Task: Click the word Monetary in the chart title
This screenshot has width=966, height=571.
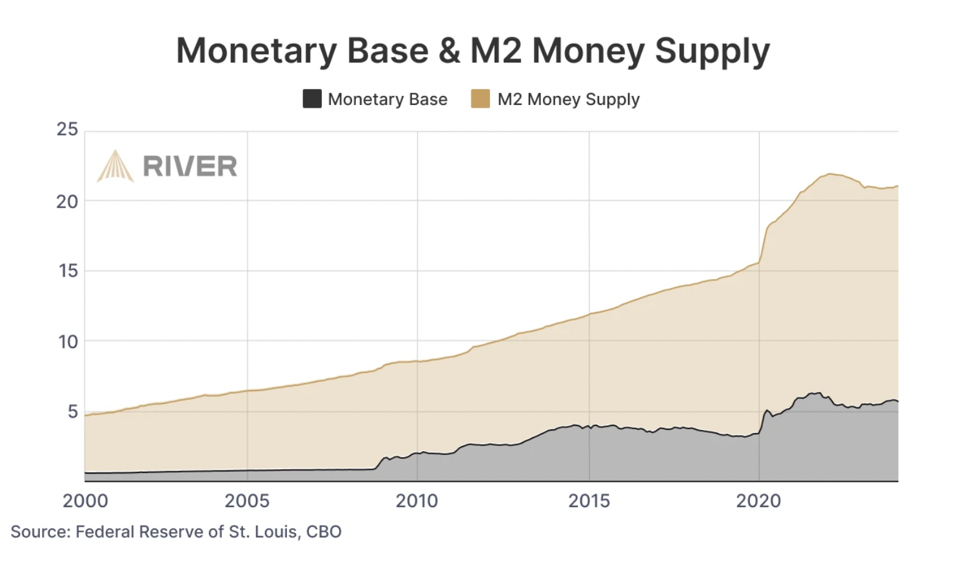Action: (x=257, y=51)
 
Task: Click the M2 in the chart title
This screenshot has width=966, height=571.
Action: (x=496, y=51)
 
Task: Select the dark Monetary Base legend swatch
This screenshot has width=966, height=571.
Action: (x=312, y=99)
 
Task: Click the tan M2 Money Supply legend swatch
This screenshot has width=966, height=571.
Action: (x=480, y=99)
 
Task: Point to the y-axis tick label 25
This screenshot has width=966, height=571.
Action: (x=67, y=130)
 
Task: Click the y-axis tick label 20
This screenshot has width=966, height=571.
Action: (x=67, y=202)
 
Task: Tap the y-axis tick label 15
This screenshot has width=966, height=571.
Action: (x=68, y=271)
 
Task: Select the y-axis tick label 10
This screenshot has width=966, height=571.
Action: (x=68, y=342)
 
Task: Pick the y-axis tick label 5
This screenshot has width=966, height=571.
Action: (x=72, y=411)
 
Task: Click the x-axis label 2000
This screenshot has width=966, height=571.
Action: (x=85, y=501)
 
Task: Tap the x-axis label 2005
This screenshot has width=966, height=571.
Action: (x=247, y=501)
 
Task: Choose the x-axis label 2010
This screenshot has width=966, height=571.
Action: (x=417, y=501)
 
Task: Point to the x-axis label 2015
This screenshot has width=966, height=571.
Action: (x=589, y=501)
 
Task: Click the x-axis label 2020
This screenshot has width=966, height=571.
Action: (x=758, y=501)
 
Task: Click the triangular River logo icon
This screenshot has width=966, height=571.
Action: (x=115, y=166)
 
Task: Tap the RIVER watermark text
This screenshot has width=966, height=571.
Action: (x=190, y=166)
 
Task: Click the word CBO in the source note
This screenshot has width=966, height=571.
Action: (x=324, y=532)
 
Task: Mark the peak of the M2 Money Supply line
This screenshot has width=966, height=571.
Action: (x=831, y=174)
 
